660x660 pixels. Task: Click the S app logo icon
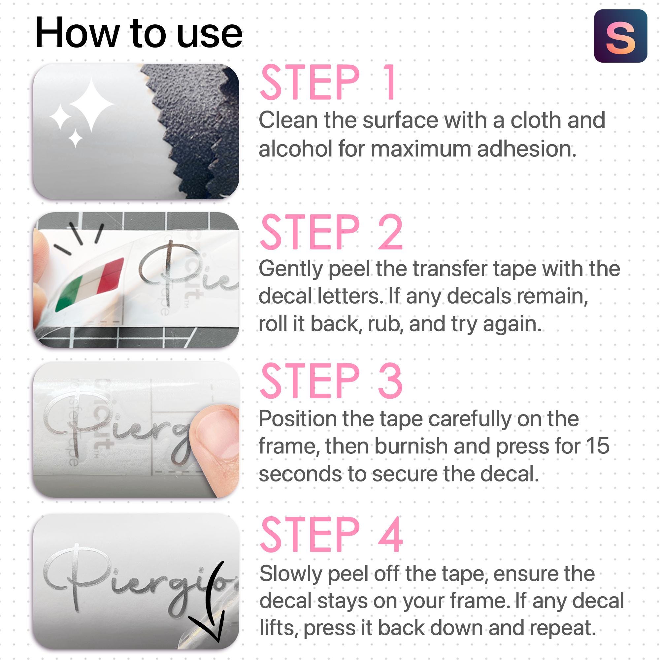(621, 36)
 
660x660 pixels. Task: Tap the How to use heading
(139, 33)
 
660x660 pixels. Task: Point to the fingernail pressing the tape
(219, 434)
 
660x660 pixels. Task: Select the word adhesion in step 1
(527, 149)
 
